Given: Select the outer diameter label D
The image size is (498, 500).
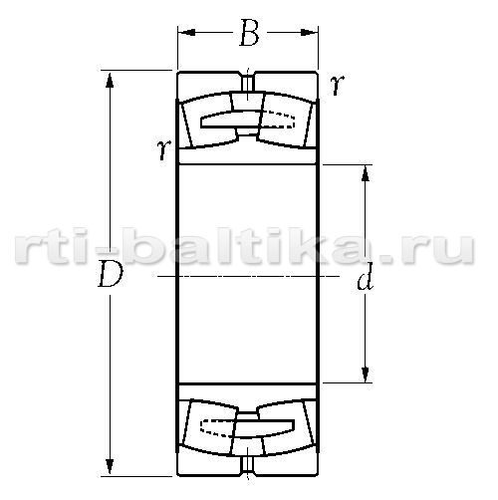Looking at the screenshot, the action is coord(111,274).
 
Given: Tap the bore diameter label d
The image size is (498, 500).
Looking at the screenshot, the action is coord(366,278).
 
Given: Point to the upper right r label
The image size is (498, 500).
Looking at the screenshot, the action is coord(338,85).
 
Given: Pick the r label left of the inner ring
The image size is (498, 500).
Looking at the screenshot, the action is coord(164,149).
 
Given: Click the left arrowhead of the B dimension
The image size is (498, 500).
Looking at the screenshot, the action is coord(186,32).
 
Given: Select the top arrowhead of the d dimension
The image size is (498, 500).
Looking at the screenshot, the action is coord(366,173).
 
